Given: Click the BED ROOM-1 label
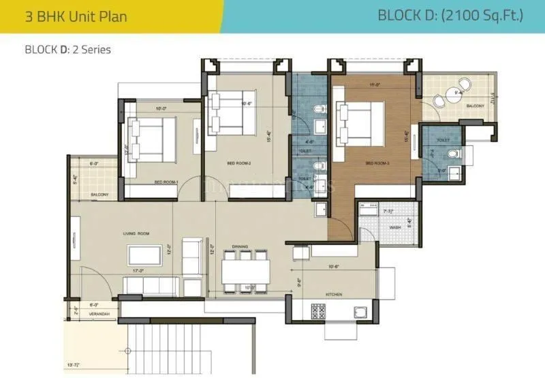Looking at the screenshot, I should coord(166,182).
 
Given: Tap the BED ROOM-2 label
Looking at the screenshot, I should coord(240,164).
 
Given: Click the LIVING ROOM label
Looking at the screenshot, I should coord(136,234).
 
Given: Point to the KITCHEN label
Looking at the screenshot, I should coord(333,294).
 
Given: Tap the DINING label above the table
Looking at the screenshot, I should coord(239,246).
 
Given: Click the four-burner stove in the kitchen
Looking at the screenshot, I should coord(319,311).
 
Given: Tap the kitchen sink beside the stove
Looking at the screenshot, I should coord(359,312).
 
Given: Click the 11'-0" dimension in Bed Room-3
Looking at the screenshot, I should coord(373,85).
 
